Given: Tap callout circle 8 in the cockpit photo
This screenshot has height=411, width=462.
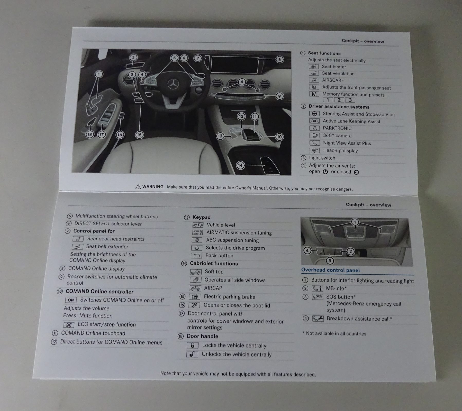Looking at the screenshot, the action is tap(279, 60).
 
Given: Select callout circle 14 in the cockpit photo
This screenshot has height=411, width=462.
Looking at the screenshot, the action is tap(240, 165).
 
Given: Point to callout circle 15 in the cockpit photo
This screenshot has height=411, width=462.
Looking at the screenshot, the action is tap(139, 135).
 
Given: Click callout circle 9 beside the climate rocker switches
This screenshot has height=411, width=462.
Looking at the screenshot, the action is tap(279, 96).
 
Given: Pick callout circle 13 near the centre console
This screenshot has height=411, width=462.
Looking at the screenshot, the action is tap(220, 136).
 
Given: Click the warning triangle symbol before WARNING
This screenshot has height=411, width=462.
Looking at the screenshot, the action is tap(138, 187).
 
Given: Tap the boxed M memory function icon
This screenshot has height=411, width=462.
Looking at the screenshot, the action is tap(314, 94).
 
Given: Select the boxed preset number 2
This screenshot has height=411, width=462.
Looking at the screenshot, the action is tap(339, 100).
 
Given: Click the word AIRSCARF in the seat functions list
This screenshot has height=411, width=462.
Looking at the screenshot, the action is tap(333, 80).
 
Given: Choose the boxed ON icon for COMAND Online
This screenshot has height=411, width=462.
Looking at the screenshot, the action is tap(71, 300).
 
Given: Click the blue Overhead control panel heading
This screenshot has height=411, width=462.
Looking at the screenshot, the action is tap(330, 270).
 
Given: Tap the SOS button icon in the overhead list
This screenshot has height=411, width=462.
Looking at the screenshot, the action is tap(318, 297).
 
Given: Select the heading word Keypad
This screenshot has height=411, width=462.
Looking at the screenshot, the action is tap(201, 217).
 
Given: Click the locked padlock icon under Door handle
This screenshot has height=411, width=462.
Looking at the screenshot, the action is tap(193, 345).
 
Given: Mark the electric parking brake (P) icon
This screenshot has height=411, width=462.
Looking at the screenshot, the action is tap(195, 297).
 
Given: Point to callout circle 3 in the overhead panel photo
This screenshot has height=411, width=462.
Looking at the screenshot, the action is tap(330, 261).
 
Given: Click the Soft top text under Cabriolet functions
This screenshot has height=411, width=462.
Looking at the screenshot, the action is tap(214, 272).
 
